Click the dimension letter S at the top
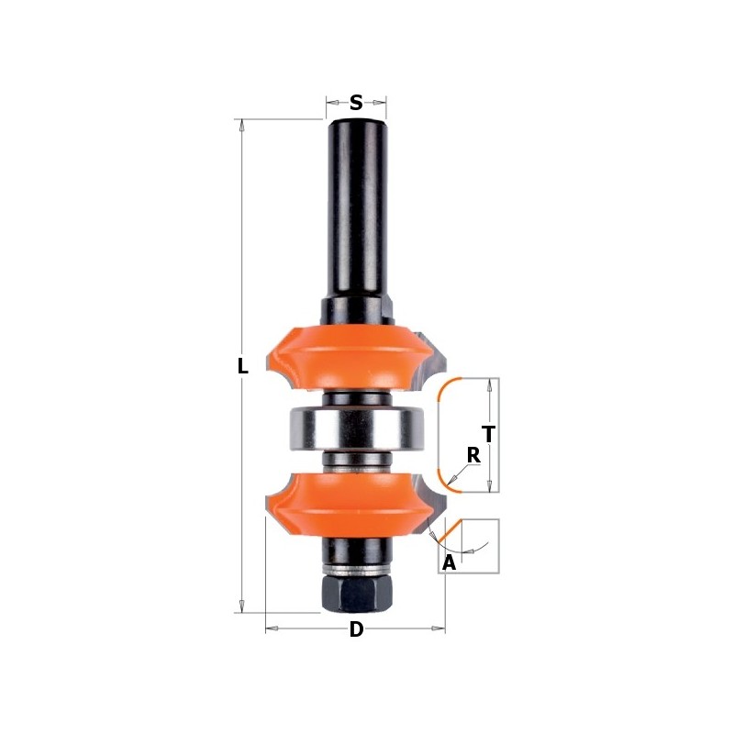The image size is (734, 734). coord(356,103)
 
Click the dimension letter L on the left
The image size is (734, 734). coord(242,366)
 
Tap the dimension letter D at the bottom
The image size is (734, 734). coord(356,629)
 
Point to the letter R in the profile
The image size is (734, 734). coord(473,455)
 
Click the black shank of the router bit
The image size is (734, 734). coord(356,211)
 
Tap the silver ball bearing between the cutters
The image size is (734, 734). coord(356,428)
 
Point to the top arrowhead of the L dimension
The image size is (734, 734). coord(242,126)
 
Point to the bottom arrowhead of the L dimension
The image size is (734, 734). coord(242,606)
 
